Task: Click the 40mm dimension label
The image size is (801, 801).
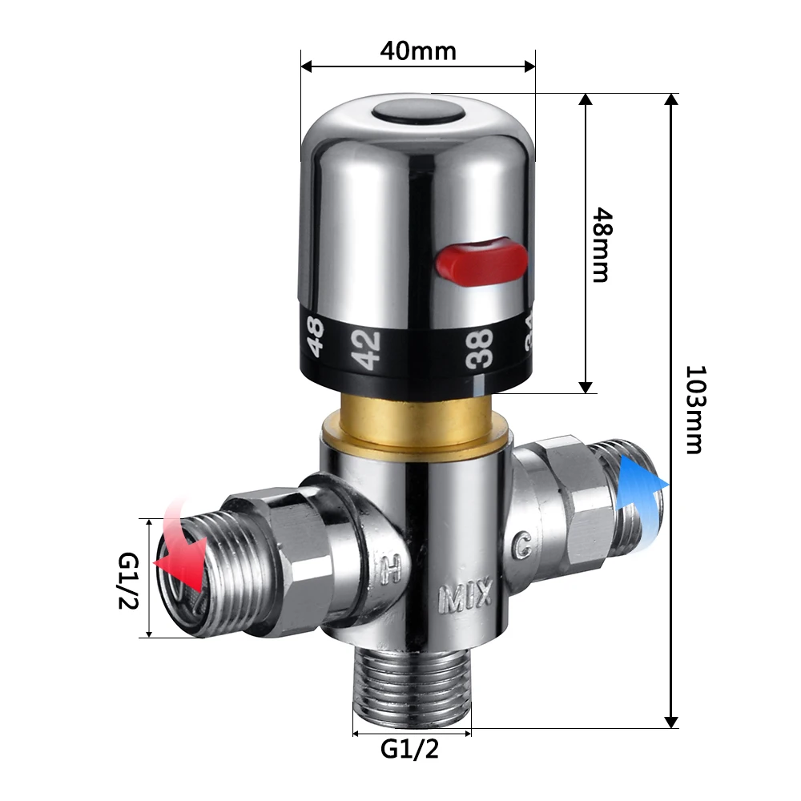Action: tap(418, 51)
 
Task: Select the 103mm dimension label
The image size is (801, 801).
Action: tap(695, 409)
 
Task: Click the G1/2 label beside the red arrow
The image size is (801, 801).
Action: tap(128, 581)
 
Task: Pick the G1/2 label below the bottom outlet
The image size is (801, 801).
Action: tap(409, 750)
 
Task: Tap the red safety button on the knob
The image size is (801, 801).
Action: tap(481, 261)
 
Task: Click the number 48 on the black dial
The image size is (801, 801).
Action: tap(315, 336)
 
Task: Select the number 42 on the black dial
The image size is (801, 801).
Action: tap(368, 349)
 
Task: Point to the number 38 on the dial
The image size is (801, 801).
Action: tap(479, 348)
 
